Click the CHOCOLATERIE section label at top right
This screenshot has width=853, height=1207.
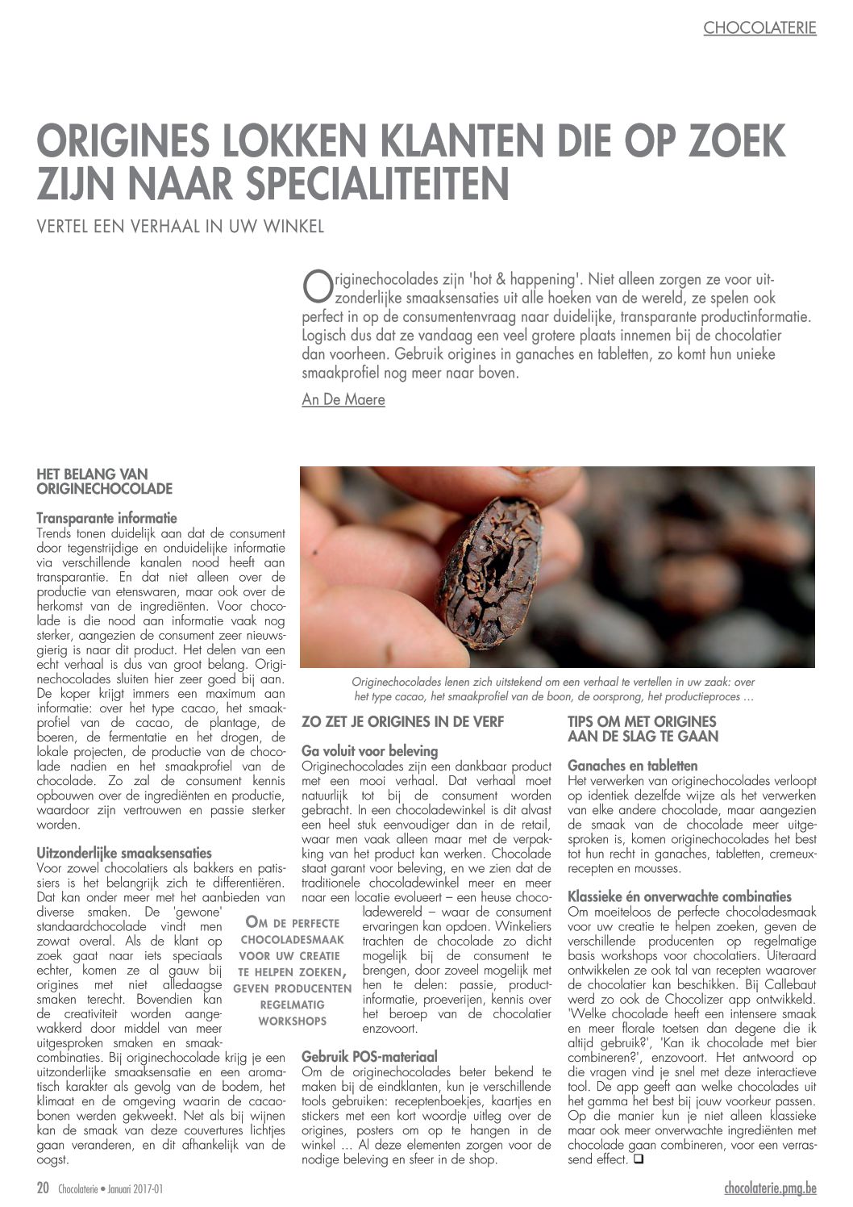(759, 28)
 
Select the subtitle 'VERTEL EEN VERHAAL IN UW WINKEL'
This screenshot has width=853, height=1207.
(181, 227)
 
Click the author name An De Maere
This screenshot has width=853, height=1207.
(343, 399)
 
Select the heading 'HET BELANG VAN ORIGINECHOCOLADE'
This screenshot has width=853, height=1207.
(105, 481)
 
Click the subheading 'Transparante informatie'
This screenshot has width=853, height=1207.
(107, 519)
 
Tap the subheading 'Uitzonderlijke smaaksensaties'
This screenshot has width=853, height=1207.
(124, 853)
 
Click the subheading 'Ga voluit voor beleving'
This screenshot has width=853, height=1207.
(370, 750)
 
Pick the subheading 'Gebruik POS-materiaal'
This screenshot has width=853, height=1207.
(369, 1056)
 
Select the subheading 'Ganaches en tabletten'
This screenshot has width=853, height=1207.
(632, 766)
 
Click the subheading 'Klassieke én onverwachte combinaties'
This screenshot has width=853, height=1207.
(680, 896)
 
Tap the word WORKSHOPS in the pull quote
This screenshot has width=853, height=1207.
(292, 1021)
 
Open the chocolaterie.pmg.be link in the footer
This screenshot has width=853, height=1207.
(770, 1188)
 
